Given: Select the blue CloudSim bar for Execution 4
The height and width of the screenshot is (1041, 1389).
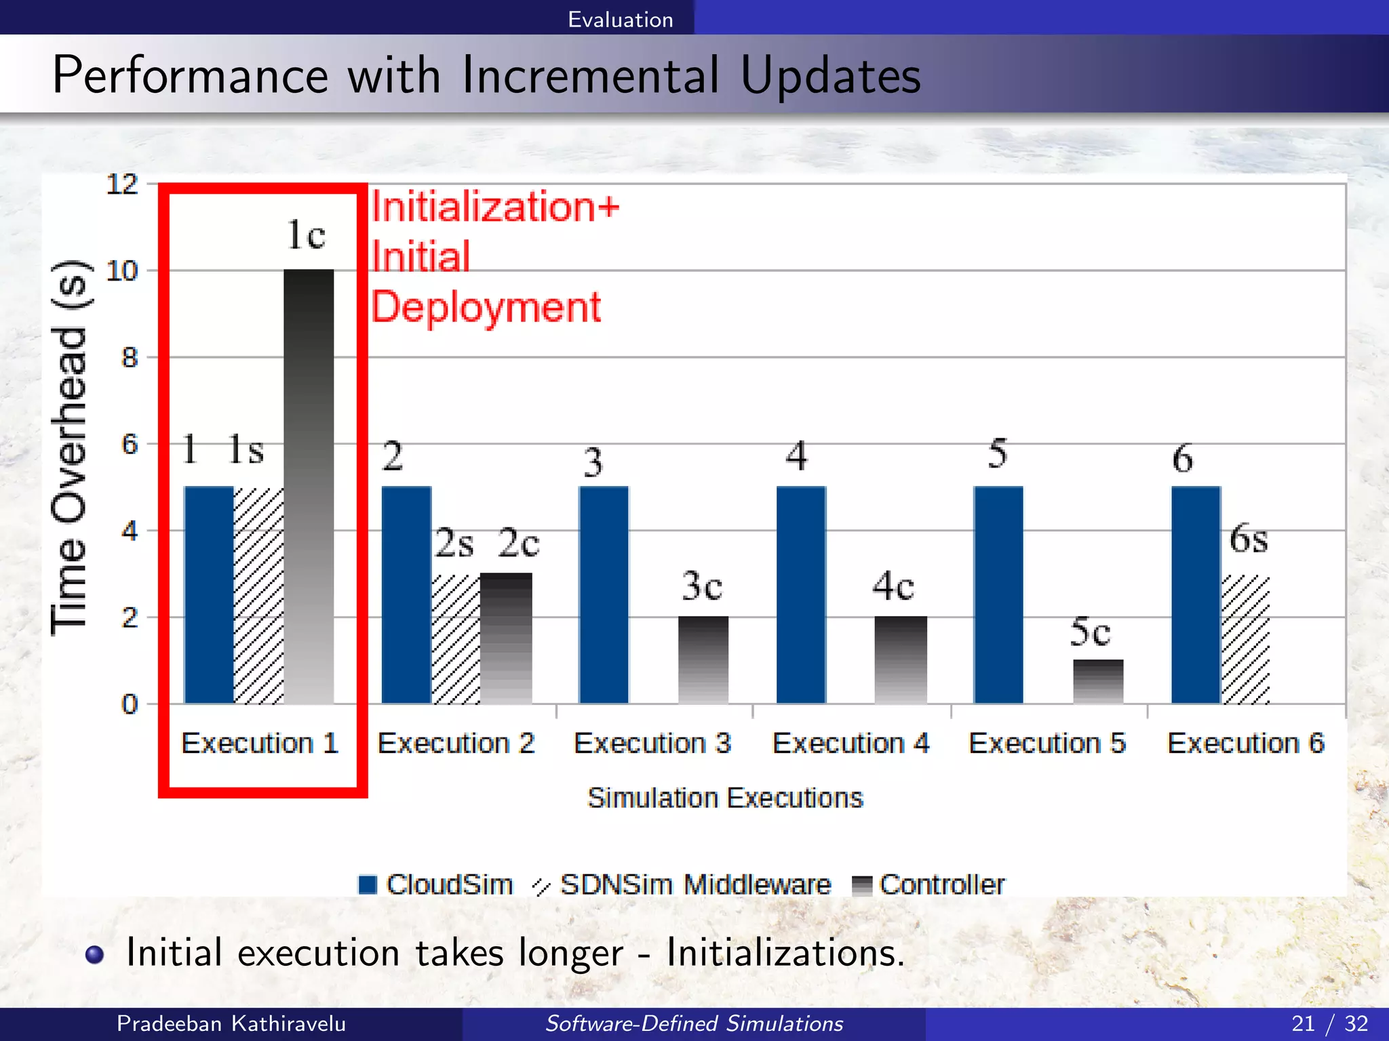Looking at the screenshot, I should (801, 594).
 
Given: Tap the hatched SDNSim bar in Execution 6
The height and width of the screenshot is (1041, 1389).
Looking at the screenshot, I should (1245, 639).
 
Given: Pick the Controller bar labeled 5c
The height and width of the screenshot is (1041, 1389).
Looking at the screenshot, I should (1098, 681).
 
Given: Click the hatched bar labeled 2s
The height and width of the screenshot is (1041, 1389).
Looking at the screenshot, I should (456, 639).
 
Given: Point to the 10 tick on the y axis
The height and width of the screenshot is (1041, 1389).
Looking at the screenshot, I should (122, 271).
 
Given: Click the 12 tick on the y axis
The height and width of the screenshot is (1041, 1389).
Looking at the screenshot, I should (122, 184).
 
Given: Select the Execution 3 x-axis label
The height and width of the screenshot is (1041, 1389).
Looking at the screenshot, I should (652, 743).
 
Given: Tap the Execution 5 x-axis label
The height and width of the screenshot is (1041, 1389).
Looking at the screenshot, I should (1047, 743).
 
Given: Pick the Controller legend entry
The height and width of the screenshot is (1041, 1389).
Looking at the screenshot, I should (928, 885).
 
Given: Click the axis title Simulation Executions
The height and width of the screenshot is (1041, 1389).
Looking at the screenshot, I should (725, 798).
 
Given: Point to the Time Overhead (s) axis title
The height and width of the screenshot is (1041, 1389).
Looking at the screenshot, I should (69, 447).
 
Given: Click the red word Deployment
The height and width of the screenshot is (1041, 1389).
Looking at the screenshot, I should (486, 307).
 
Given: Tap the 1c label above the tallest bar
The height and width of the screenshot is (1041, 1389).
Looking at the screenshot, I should (306, 234).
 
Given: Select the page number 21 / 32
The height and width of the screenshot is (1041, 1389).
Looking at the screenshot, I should (1329, 1023).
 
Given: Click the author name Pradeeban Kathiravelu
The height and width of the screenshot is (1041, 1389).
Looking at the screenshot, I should (231, 1023).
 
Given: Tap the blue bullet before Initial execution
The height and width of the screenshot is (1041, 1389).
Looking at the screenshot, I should (95, 954).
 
